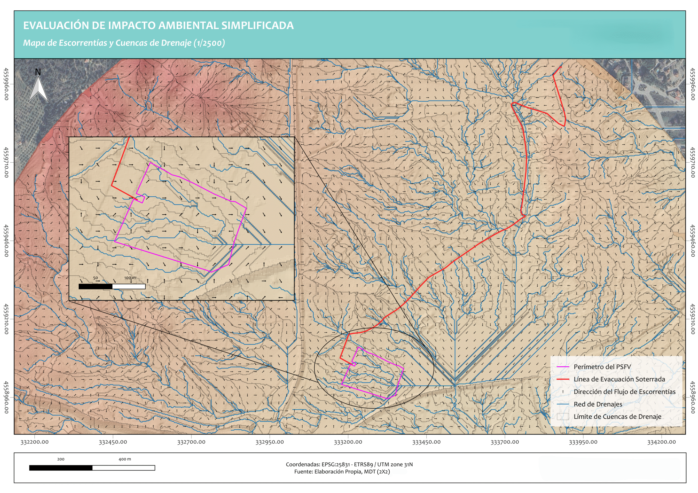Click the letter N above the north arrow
pos(38,72)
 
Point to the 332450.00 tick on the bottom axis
pos(113,442)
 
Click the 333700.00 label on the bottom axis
pos(505,442)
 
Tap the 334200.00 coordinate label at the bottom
pos(661,442)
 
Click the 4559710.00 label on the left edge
pos(6,163)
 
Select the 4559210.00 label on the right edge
pos(692,319)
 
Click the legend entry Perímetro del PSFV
pos(602,367)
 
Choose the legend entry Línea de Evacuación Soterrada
pos(619,379)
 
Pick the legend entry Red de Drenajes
pos(598,404)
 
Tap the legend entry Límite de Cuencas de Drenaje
pos(617,416)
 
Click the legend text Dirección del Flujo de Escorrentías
pos(624,392)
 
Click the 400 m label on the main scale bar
pos(125,459)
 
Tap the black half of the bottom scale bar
pos(61,468)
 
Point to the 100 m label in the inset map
pos(130,278)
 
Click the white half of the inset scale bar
pos(129,286)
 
